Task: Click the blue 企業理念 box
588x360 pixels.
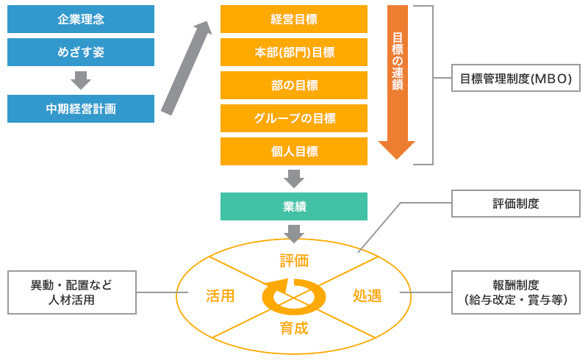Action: click(81, 19)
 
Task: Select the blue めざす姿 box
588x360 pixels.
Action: click(81, 52)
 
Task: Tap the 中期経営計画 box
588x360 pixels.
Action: click(81, 109)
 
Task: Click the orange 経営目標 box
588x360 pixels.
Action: click(294, 19)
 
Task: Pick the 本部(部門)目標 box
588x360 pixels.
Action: click(294, 52)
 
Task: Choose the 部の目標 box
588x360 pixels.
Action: click(294, 85)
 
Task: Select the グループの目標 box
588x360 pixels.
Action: click(294, 118)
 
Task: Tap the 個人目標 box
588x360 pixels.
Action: click(294, 151)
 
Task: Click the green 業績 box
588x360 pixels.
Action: click(294, 206)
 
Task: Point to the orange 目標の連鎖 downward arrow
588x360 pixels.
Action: click(397, 81)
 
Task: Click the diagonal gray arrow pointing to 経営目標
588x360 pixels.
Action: click(186, 68)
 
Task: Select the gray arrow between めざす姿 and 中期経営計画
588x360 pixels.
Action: click(81, 79)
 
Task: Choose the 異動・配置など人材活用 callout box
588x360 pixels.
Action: click(71, 292)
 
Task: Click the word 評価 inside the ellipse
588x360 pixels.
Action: click(294, 261)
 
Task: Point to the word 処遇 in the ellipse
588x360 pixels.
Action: click(367, 296)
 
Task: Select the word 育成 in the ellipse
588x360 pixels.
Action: click(294, 328)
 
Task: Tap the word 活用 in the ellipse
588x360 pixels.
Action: click(220, 296)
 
